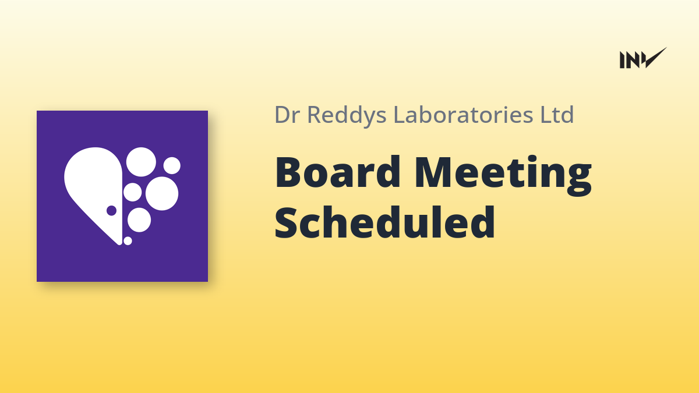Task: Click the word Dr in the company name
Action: tap(287, 115)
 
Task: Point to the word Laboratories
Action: tap(464, 114)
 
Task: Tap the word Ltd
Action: tap(557, 114)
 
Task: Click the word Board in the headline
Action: tap(337, 172)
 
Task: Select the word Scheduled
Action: tap(385, 222)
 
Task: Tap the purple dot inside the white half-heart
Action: tap(111, 211)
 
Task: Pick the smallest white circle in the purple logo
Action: tap(128, 241)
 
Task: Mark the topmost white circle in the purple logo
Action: tap(141, 162)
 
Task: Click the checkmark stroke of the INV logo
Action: tap(656, 58)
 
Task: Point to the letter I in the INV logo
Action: tap(622, 60)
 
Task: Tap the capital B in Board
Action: tap(290, 172)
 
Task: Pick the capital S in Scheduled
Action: tap(287, 222)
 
